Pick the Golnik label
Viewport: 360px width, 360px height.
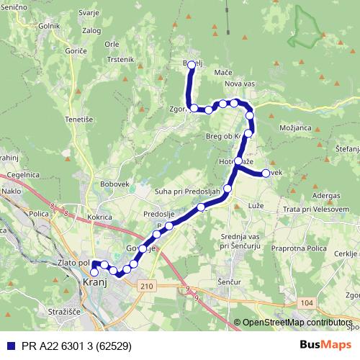click(50, 26)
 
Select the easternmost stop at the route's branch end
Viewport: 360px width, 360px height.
click(265, 173)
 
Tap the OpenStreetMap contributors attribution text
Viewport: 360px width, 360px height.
click(295, 323)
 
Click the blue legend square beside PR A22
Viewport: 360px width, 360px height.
click(8, 345)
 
